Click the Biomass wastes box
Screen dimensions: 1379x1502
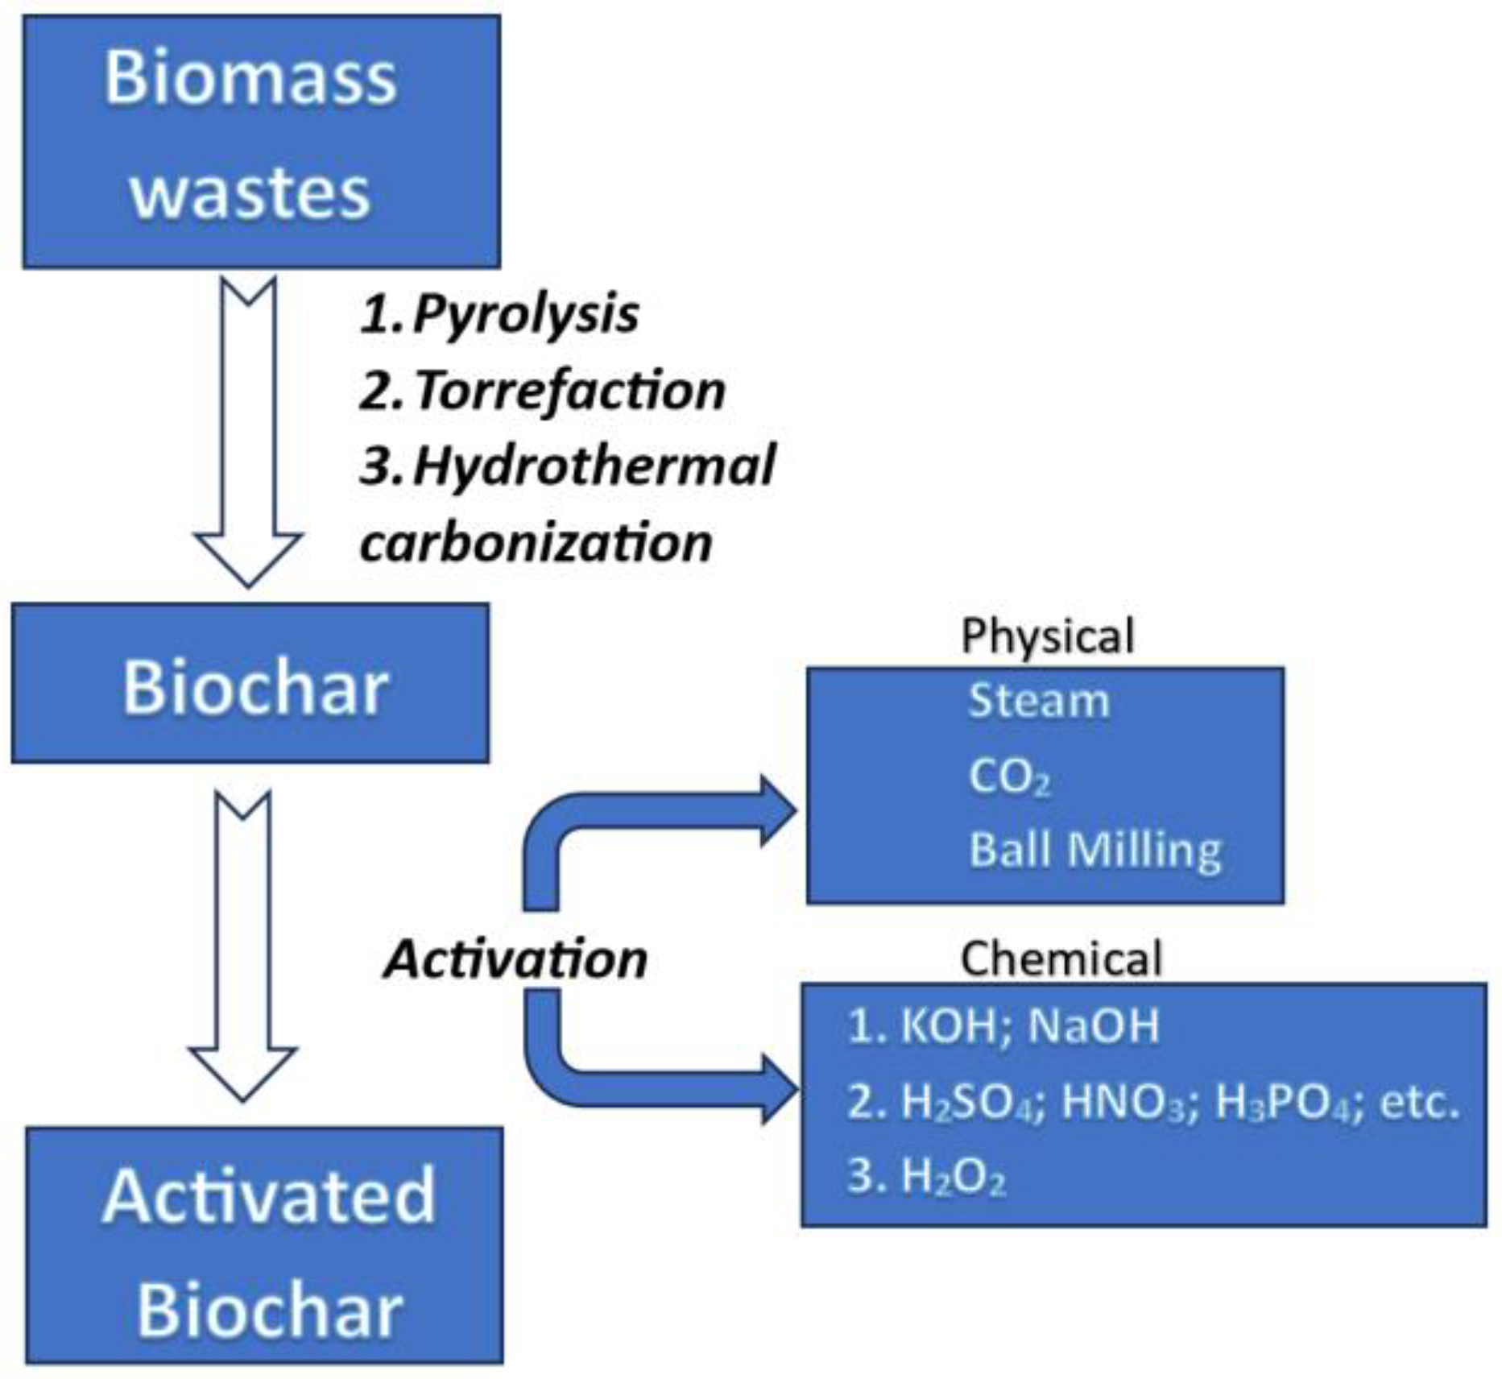261,141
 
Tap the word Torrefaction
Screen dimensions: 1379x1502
570,390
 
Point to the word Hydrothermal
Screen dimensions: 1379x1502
594,466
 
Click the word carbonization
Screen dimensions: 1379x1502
536,542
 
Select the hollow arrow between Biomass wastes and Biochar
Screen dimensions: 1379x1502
248,427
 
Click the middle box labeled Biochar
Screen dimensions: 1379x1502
250,683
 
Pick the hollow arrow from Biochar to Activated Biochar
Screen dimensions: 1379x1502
242,942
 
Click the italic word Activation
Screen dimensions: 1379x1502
515,959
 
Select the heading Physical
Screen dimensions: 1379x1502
1047,636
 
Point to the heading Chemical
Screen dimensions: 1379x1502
1061,959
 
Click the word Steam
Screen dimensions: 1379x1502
1038,701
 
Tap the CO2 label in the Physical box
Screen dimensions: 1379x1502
1008,777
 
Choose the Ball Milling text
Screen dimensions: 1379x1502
1094,851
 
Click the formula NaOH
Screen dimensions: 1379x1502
1093,1026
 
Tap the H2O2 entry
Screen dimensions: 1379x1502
952,1177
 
